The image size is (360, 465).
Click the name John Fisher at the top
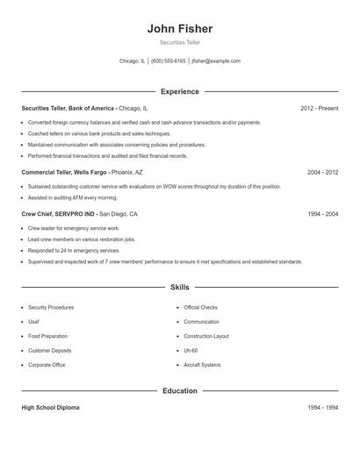pos(180,28)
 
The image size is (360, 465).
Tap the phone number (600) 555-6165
pos(169,61)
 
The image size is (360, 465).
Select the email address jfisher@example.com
pos(215,61)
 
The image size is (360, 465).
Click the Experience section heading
pos(180,91)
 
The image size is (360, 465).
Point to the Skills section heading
pos(180,287)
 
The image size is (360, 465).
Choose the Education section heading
pos(180,390)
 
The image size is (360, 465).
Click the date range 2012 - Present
pos(319,108)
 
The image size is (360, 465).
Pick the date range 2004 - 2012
pos(322,173)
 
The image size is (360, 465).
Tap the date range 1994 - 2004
pos(322,213)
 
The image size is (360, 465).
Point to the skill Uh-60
pos(191,350)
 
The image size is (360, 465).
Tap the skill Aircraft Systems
pos(202,364)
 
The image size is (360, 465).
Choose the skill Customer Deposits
pos(50,350)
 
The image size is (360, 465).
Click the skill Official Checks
pos(200,308)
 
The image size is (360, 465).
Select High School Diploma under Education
pos(50,408)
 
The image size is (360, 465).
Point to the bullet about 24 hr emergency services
pos(74,250)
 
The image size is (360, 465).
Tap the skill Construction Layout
pos(206,336)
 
